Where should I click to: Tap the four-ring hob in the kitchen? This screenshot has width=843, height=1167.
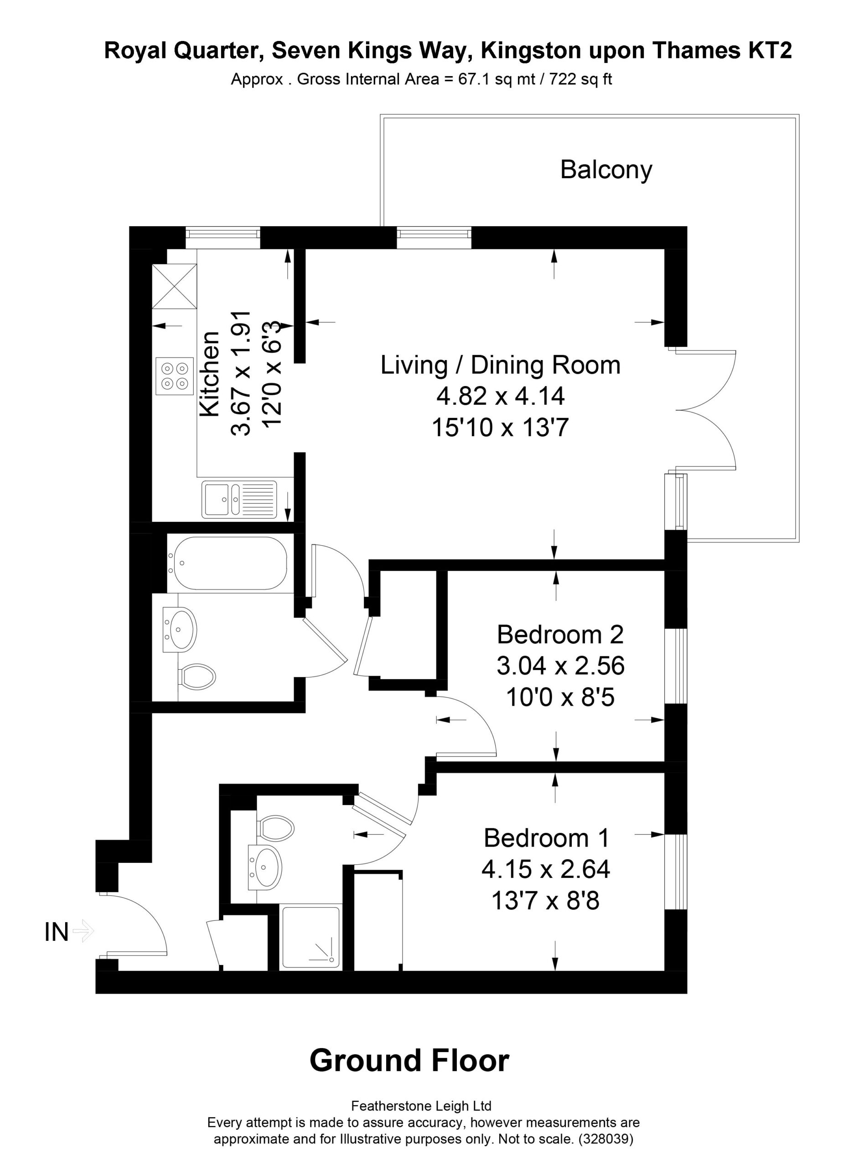pos(175,376)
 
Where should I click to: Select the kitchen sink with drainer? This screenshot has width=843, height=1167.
pos(239,499)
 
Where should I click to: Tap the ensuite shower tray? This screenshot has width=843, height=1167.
pos(311,938)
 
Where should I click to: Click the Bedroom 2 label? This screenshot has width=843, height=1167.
pos(560,635)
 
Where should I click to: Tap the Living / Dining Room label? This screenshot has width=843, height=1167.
pos(500,365)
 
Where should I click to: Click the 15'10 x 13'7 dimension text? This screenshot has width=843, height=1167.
pos(500,427)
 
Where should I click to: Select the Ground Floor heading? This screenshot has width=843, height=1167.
pos(409,1060)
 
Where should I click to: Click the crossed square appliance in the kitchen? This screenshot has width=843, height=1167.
pos(175,286)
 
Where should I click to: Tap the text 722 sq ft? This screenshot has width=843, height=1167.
pos(580,79)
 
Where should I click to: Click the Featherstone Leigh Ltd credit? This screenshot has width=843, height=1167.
pos(421,1105)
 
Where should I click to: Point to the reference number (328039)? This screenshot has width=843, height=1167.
pos(606,1138)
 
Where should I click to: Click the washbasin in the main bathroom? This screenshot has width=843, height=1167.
pos(180,629)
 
